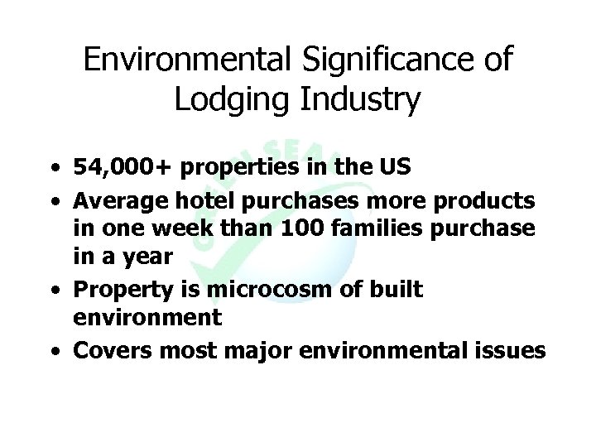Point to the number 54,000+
pos(122,168)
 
